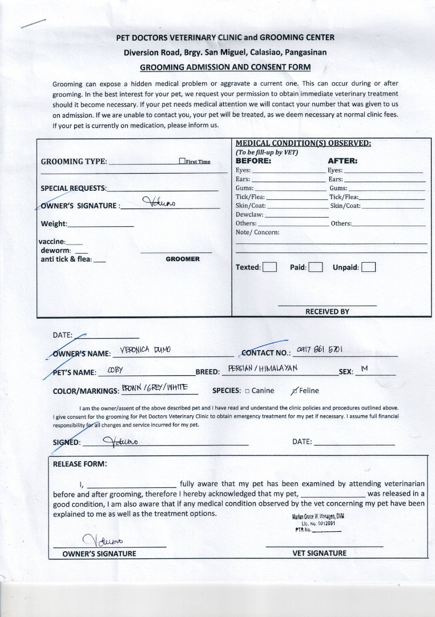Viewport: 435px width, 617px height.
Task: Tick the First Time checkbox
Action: (182, 162)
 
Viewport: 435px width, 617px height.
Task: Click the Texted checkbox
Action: (269, 267)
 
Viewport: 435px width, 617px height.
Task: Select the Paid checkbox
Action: (316, 267)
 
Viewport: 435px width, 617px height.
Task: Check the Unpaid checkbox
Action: (368, 267)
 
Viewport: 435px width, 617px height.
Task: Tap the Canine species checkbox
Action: (247, 391)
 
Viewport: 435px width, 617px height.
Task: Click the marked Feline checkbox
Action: (294, 391)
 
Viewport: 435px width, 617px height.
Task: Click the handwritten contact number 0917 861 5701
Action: (320, 349)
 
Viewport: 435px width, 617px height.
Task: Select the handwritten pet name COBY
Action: (115, 370)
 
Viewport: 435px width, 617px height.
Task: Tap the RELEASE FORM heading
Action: (80, 464)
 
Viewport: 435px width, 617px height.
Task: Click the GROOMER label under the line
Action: (183, 259)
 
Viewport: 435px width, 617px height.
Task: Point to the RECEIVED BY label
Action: (327, 311)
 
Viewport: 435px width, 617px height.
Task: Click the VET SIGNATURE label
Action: (319, 553)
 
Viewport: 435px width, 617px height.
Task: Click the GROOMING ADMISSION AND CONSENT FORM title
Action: (225, 67)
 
